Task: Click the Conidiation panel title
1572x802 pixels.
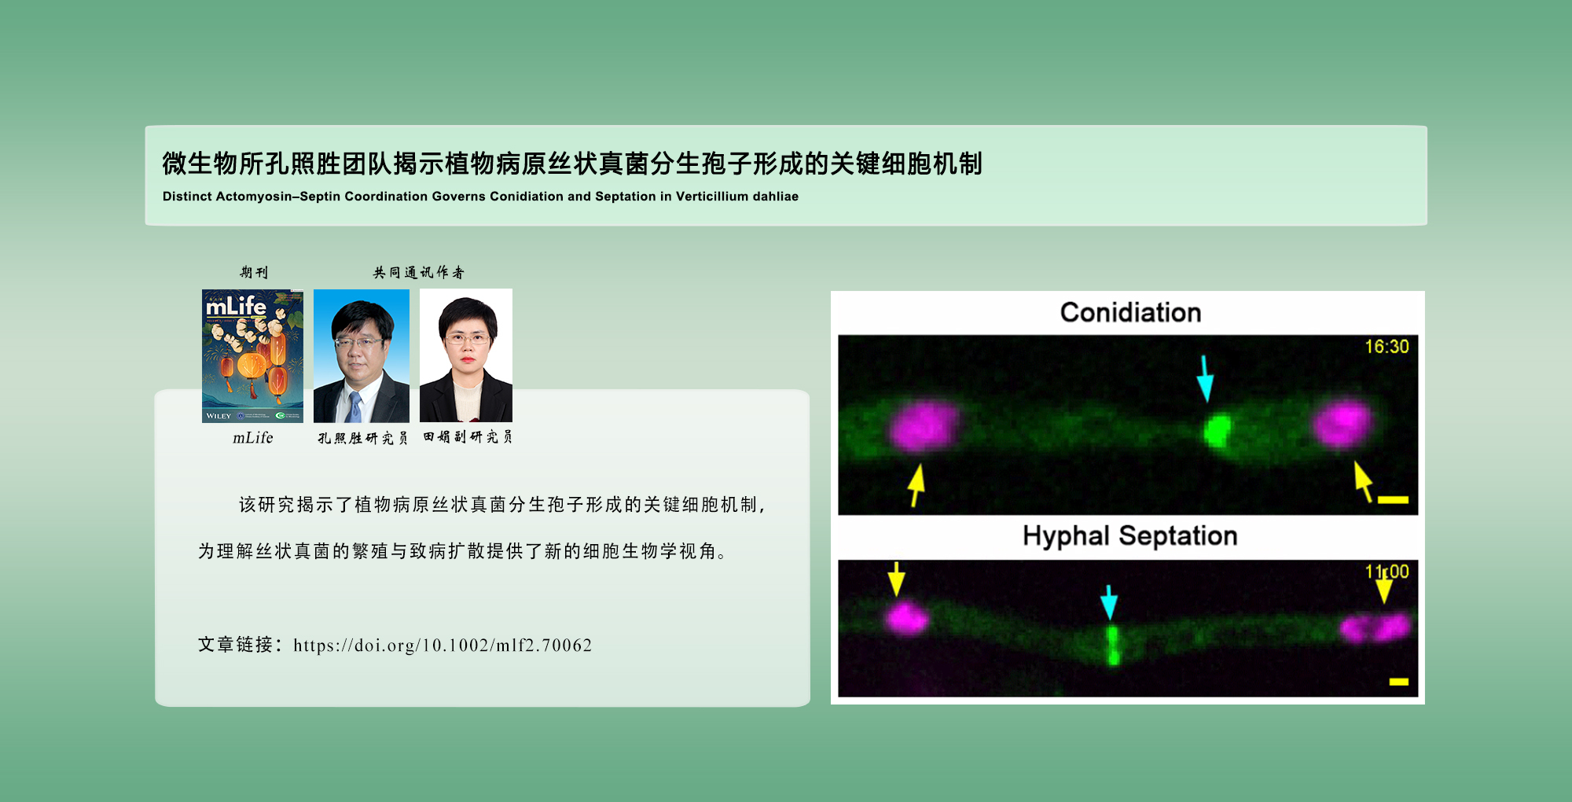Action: click(1130, 313)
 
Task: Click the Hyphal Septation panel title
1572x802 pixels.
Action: click(1129, 536)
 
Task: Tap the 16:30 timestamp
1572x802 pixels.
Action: click(1387, 347)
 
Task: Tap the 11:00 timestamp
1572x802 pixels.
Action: click(1387, 572)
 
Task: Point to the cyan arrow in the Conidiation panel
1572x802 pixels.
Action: click(1205, 378)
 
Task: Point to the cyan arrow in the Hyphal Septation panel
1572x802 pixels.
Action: click(1109, 601)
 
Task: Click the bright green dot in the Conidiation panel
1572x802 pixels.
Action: click(1218, 430)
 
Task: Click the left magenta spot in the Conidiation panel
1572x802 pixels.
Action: click(924, 426)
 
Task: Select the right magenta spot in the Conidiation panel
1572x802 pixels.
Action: click(1342, 424)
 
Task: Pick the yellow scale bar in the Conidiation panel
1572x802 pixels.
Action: click(1393, 499)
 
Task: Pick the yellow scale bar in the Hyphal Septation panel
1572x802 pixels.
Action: click(1398, 682)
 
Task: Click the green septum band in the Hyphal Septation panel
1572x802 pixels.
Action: click(1112, 645)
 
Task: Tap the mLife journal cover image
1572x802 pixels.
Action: click(252, 355)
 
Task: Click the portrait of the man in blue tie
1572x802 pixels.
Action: click(361, 355)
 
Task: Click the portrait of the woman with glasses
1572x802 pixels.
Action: click(466, 355)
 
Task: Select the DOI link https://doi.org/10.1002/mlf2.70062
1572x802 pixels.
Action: click(443, 646)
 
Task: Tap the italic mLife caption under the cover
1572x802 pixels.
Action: click(252, 438)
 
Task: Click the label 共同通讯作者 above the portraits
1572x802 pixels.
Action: click(418, 273)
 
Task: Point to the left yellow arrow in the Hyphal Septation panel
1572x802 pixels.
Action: click(896, 579)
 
